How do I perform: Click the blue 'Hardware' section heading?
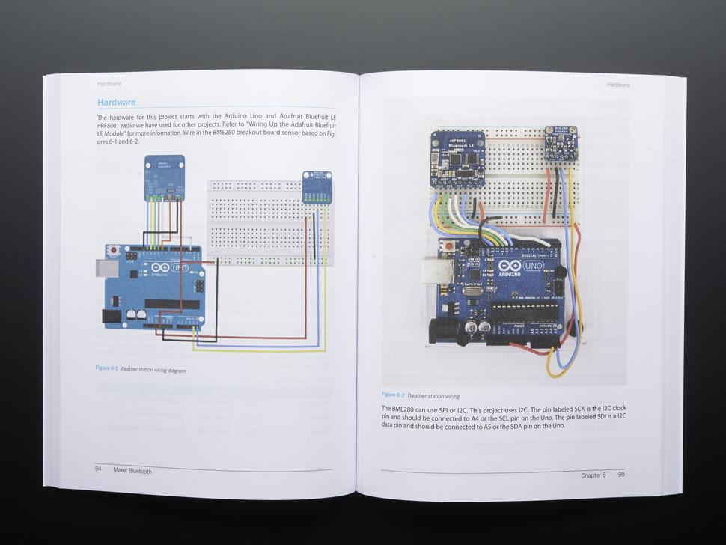click(x=116, y=103)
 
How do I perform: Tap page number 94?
click(x=98, y=469)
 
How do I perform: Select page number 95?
click(x=621, y=475)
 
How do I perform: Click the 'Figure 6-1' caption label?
click(x=106, y=368)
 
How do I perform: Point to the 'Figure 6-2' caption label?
click(x=393, y=395)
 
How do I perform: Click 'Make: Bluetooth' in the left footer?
click(x=132, y=471)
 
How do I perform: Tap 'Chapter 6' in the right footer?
click(x=593, y=475)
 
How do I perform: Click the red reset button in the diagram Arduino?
click(x=113, y=249)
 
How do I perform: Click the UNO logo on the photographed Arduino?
click(x=533, y=266)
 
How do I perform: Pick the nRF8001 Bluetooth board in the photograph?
click(x=457, y=158)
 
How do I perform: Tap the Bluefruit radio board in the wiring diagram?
click(x=164, y=178)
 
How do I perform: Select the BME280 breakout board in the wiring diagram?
click(x=317, y=187)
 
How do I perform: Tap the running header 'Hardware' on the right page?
click(x=617, y=85)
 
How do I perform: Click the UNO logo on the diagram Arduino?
click(x=180, y=267)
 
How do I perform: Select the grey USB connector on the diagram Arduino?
click(x=103, y=267)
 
